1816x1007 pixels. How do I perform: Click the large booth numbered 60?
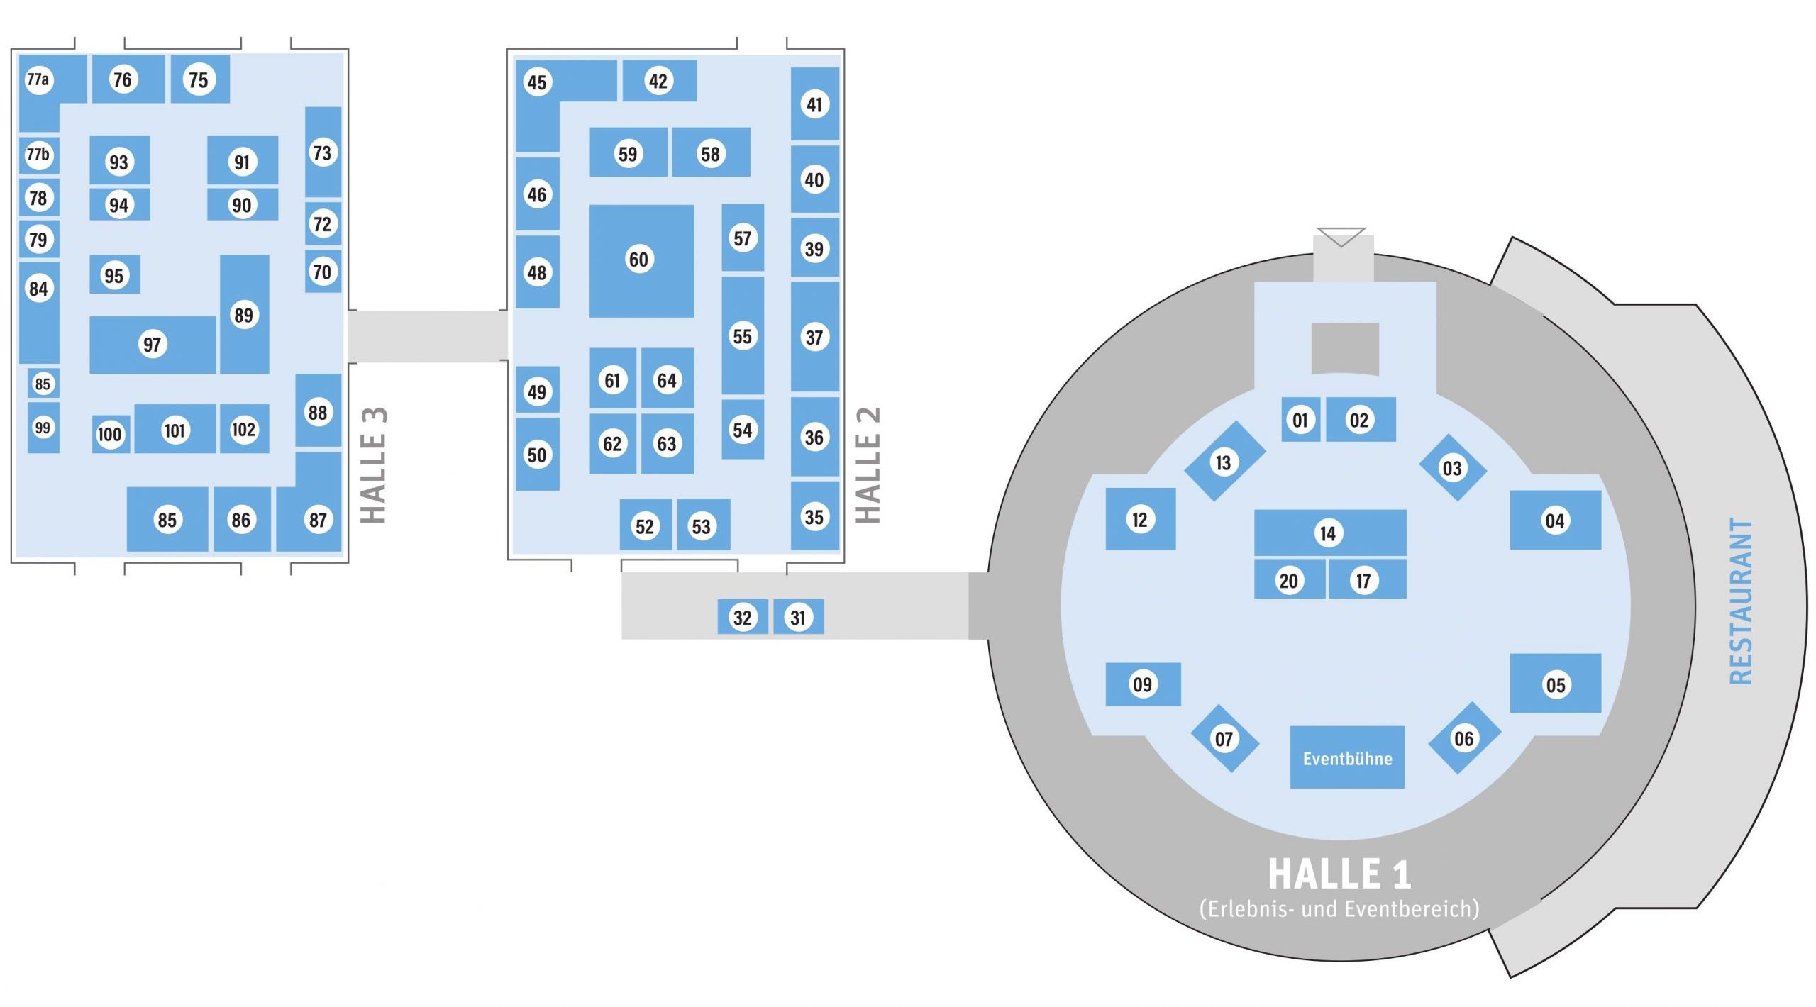[641, 260]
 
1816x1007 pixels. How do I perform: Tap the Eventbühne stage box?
[1346, 757]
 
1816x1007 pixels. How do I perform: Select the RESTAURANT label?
[1741, 601]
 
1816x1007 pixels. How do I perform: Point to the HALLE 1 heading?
[1339, 874]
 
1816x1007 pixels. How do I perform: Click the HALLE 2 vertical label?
[868, 465]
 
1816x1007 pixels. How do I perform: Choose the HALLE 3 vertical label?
[374, 465]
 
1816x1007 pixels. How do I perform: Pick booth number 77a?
[38, 79]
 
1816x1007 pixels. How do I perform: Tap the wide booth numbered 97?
[152, 345]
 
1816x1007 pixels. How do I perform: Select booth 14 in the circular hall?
[1329, 533]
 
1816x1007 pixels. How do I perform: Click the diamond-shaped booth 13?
[1224, 462]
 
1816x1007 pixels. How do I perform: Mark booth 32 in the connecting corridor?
[742, 617]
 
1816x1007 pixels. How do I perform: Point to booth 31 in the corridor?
[798, 617]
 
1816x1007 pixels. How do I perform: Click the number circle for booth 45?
[537, 82]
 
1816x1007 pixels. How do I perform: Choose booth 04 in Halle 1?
[1555, 521]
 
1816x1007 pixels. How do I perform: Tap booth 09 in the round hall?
[1142, 684]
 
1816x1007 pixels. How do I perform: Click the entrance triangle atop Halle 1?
[1341, 236]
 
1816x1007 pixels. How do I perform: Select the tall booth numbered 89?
[244, 314]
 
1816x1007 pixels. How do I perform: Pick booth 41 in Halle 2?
[814, 104]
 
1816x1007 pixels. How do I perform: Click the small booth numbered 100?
[110, 434]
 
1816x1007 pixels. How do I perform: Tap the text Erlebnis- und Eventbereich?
[1339, 908]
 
